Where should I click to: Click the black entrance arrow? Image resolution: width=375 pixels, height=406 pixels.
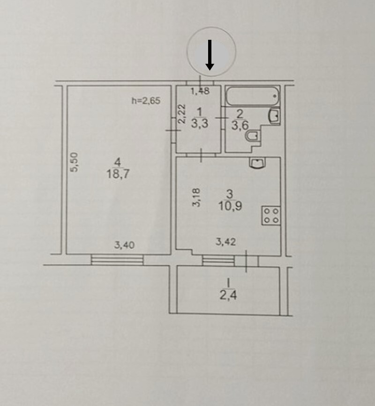(210, 55)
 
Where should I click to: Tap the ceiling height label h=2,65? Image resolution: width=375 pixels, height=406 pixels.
(146, 101)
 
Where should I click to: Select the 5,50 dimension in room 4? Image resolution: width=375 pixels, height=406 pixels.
(75, 162)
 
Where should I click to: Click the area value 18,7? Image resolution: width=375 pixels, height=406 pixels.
(118, 174)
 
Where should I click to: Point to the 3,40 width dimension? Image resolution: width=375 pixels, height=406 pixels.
(124, 245)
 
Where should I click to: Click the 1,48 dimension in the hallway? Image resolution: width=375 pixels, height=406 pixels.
(200, 91)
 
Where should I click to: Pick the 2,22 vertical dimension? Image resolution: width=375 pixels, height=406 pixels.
(182, 114)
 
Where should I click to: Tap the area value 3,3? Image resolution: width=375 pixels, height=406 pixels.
(200, 123)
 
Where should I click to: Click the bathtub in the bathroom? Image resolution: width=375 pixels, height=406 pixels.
(252, 96)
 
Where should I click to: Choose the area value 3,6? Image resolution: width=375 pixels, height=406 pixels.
(240, 125)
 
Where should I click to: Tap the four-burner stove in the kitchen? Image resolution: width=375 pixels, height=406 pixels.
(271, 215)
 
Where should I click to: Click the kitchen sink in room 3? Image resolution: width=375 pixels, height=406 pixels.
(257, 163)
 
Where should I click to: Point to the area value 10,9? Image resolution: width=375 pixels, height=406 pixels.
(230, 206)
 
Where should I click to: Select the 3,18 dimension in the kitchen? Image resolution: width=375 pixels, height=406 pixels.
(196, 197)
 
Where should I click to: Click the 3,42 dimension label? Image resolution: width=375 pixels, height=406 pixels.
(226, 242)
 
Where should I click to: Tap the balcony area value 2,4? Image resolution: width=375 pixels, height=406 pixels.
(228, 295)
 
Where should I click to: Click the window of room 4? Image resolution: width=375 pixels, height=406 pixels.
(117, 260)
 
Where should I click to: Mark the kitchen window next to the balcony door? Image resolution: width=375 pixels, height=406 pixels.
(218, 261)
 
